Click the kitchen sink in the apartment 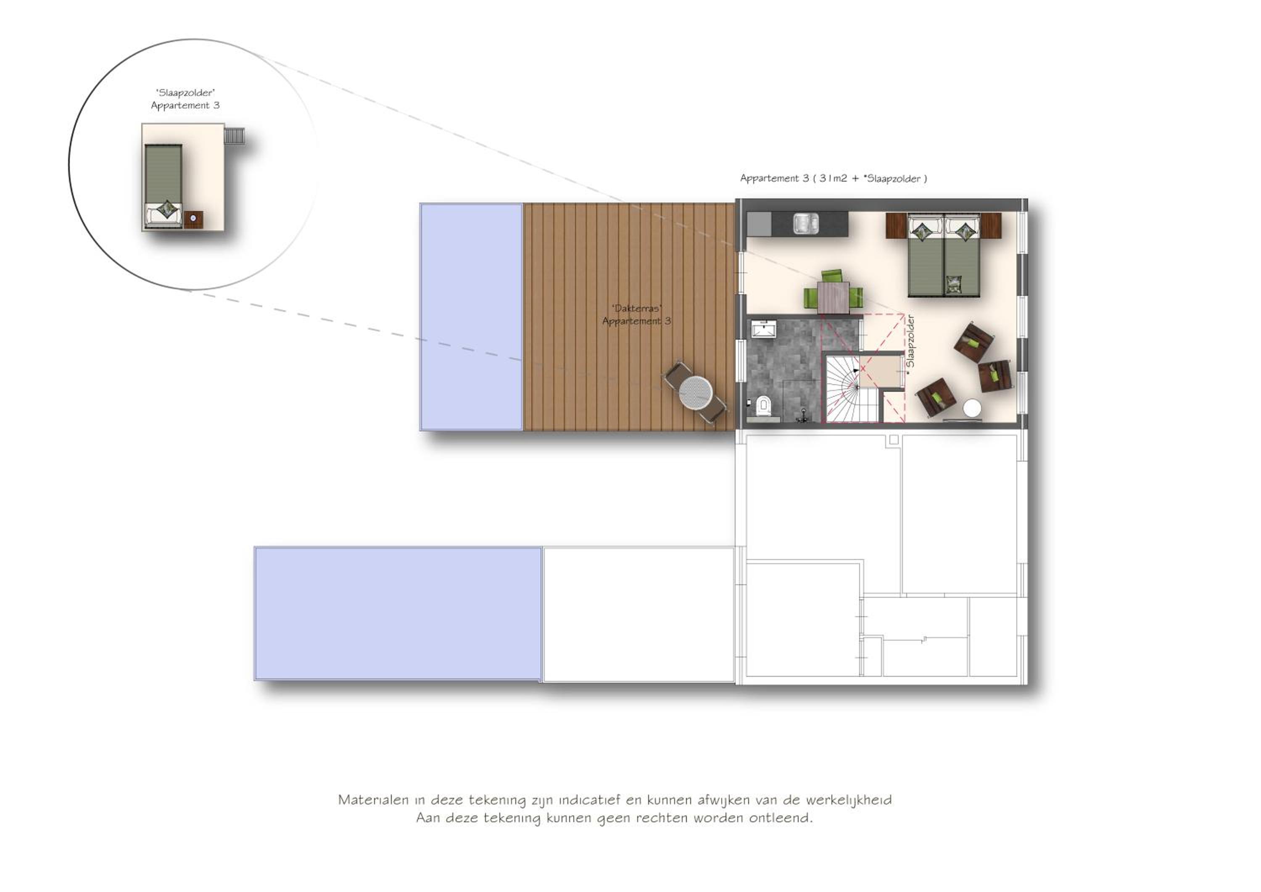[806, 224]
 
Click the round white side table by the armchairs [972, 408]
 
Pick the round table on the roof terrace [696, 392]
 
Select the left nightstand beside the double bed [896, 226]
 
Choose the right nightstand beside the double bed [991, 226]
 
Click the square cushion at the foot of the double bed [954, 284]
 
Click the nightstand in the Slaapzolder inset [193, 220]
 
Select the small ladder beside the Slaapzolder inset [235, 136]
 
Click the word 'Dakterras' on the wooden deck [637, 308]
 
